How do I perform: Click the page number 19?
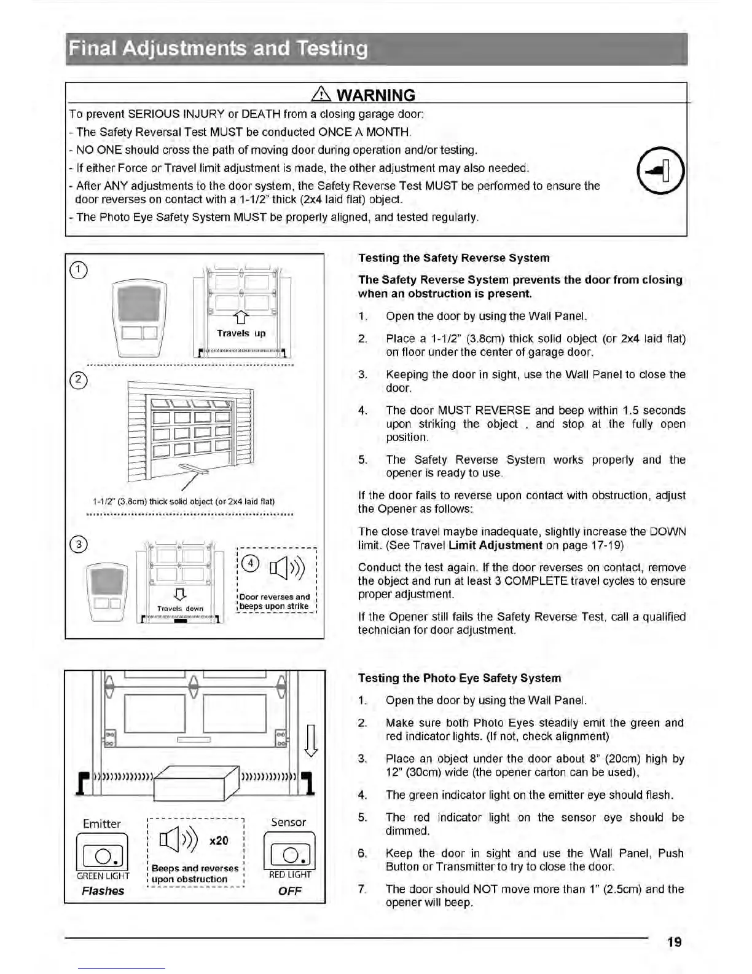click(x=674, y=941)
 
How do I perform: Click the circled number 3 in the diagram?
click(x=79, y=544)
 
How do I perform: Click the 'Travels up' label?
click(x=241, y=333)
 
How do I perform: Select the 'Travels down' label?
click(x=180, y=608)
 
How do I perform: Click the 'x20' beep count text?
click(x=219, y=841)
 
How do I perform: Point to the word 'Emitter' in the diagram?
click(x=102, y=823)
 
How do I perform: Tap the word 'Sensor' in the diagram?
click(x=288, y=822)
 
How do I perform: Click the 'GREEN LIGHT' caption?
click(x=103, y=876)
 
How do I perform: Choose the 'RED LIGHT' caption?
click(x=290, y=874)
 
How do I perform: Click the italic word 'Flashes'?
click(x=103, y=891)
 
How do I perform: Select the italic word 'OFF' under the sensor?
click(x=290, y=891)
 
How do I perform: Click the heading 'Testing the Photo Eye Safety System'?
click(x=460, y=678)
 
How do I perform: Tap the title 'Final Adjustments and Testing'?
click(x=218, y=49)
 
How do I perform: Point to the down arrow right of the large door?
click(x=311, y=739)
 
